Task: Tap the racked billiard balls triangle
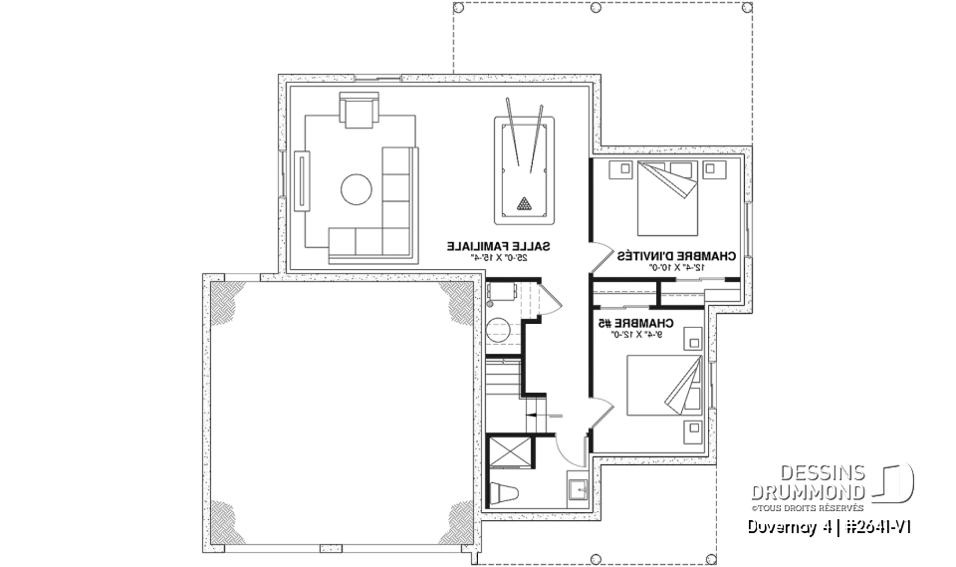point(524,204)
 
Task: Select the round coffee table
point(357,188)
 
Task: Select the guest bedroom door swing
point(601,258)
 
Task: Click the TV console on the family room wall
point(300,181)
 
